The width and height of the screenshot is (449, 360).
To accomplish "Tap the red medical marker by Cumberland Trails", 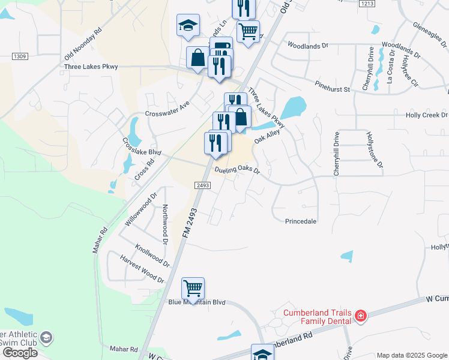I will (361, 316).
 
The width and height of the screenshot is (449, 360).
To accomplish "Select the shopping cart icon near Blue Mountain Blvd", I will (193, 288).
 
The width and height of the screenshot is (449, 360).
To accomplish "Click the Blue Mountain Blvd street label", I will (196, 302).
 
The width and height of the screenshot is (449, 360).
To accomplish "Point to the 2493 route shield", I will (203, 186).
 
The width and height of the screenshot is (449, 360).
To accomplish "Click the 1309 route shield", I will (20, 56).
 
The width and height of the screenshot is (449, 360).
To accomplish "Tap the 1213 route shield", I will (367, 4).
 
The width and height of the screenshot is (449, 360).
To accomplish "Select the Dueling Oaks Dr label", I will (237, 170).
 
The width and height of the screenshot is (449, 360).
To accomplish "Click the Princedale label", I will (300, 221).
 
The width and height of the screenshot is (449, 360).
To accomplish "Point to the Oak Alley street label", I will (267, 137).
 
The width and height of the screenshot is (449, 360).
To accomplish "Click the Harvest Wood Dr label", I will (142, 269).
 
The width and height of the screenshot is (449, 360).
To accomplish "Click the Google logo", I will (19, 353).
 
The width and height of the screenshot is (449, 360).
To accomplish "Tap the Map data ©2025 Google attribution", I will (411, 355).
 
